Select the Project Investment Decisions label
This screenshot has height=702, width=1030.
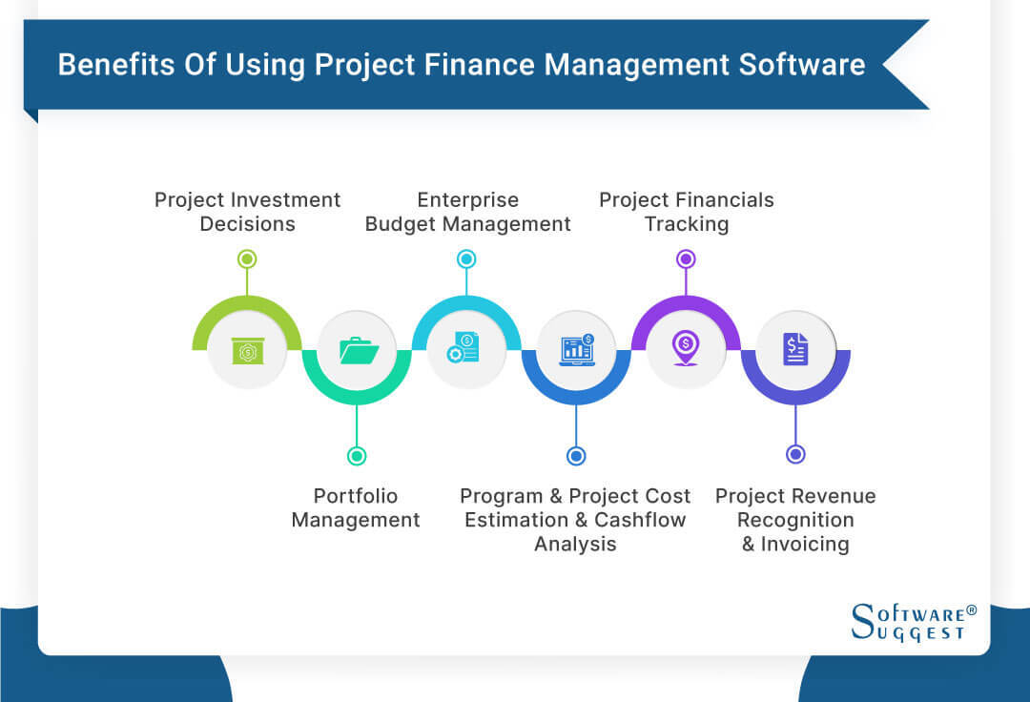pos(247,212)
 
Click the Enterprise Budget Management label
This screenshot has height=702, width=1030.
pos(467,212)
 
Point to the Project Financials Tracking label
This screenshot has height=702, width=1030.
pos(686,212)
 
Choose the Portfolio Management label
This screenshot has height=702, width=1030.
pos(356,507)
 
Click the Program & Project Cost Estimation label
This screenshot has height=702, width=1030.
pos(575,520)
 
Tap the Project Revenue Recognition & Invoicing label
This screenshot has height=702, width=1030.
pos(795,520)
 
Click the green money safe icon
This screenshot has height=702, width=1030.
pos(247,350)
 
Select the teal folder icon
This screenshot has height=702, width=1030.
pos(358,350)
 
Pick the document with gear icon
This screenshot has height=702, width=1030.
pos(465,349)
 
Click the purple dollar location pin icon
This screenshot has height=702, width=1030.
pos(685,349)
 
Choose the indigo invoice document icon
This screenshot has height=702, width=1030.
pos(795,349)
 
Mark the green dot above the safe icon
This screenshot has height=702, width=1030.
pos(247,258)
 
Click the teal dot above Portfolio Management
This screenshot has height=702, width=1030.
pos(357,456)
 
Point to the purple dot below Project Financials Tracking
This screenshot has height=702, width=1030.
pos(686,258)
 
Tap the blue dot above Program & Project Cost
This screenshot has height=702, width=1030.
pos(575,456)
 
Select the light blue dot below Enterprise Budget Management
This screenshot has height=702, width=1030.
pos(466,258)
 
